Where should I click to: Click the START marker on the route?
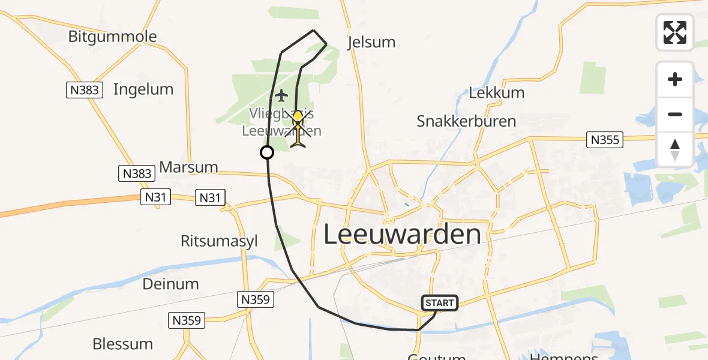[440, 303]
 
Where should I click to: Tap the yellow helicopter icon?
[298, 127]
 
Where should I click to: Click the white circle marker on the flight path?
[267, 152]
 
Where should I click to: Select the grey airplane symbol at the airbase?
[281, 95]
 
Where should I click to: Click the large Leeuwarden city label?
[402, 234]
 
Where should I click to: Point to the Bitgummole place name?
[112, 37]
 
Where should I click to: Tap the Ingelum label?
[143, 89]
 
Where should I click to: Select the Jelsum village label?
[372, 42]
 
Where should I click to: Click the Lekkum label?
[496, 93]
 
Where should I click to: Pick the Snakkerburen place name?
[466, 121]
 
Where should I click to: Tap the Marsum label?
[188, 167]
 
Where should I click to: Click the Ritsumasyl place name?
[219, 241]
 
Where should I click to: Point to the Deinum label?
[170, 283]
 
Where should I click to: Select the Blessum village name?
[122, 344]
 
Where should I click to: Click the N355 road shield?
[605, 140]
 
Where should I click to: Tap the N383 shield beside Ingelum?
[84, 90]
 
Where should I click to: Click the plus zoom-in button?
[675, 79]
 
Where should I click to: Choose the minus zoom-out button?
[675, 114]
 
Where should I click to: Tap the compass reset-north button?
[675, 149]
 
